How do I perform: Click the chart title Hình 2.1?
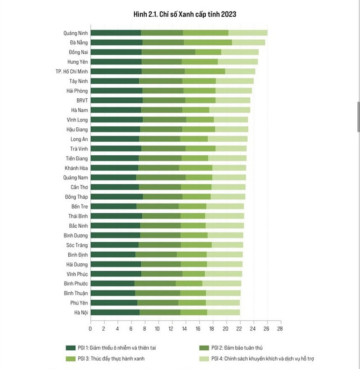(185, 14)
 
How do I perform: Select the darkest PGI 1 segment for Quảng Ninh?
(115, 33)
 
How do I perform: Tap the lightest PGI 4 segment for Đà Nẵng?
(248, 43)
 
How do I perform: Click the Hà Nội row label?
(81, 312)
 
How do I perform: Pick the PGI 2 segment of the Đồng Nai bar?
(168, 52)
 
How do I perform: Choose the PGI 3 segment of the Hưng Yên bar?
(200, 62)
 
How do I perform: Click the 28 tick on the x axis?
(280, 329)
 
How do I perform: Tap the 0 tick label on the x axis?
(91, 329)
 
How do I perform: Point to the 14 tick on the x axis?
(185, 329)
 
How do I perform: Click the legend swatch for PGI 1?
(71, 348)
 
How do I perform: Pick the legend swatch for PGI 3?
(71, 359)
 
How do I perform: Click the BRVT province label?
(82, 101)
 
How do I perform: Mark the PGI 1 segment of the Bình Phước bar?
(112, 283)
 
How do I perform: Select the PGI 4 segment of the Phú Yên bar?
(223, 303)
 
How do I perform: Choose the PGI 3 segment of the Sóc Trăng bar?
(196, 245)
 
